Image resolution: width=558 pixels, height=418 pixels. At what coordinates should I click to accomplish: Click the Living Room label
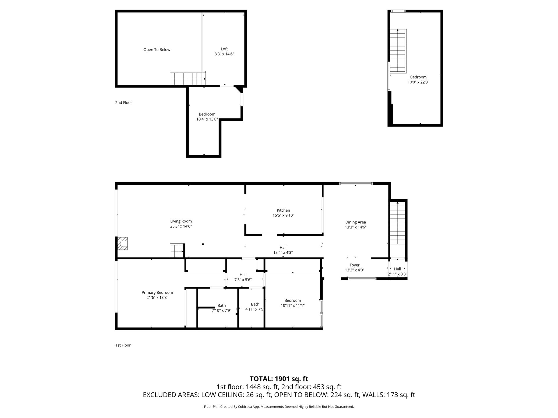(181, 221)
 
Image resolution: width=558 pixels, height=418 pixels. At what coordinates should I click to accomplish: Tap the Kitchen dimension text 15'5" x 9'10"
(283, 215)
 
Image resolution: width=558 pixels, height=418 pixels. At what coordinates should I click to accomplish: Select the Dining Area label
(355, 222)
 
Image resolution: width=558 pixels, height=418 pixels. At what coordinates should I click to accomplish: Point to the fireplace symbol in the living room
(122, 244)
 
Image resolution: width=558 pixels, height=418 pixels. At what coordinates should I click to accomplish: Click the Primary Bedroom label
(157, 293)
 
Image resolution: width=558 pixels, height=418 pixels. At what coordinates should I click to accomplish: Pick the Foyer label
(355, 265)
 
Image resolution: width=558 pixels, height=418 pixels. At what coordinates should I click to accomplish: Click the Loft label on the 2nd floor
(224, 49)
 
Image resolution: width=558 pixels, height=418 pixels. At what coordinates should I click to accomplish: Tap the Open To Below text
(157, 50)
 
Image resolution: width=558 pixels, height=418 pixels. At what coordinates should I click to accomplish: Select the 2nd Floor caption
(124, 102)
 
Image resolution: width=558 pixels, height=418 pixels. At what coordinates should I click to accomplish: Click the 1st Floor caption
(123, 345)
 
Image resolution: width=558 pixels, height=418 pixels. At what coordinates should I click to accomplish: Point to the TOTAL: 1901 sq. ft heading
(279, 379)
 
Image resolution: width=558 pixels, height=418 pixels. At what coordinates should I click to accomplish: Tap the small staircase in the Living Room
(177, 251)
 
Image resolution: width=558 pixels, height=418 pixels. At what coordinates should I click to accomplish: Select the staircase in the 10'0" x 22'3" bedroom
(398, 51)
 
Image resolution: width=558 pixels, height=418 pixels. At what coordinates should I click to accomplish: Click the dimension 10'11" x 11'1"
(293, 305)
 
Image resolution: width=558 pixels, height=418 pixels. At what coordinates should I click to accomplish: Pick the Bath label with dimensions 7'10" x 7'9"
(221, 305)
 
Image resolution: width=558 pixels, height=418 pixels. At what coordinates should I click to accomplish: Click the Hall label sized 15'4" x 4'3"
(283, 248)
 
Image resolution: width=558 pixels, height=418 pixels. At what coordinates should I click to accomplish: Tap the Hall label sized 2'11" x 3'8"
(398, 269)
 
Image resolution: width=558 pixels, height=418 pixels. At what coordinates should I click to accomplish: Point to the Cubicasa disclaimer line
(279, 407)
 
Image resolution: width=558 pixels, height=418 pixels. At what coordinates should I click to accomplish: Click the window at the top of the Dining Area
(356, 183)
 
